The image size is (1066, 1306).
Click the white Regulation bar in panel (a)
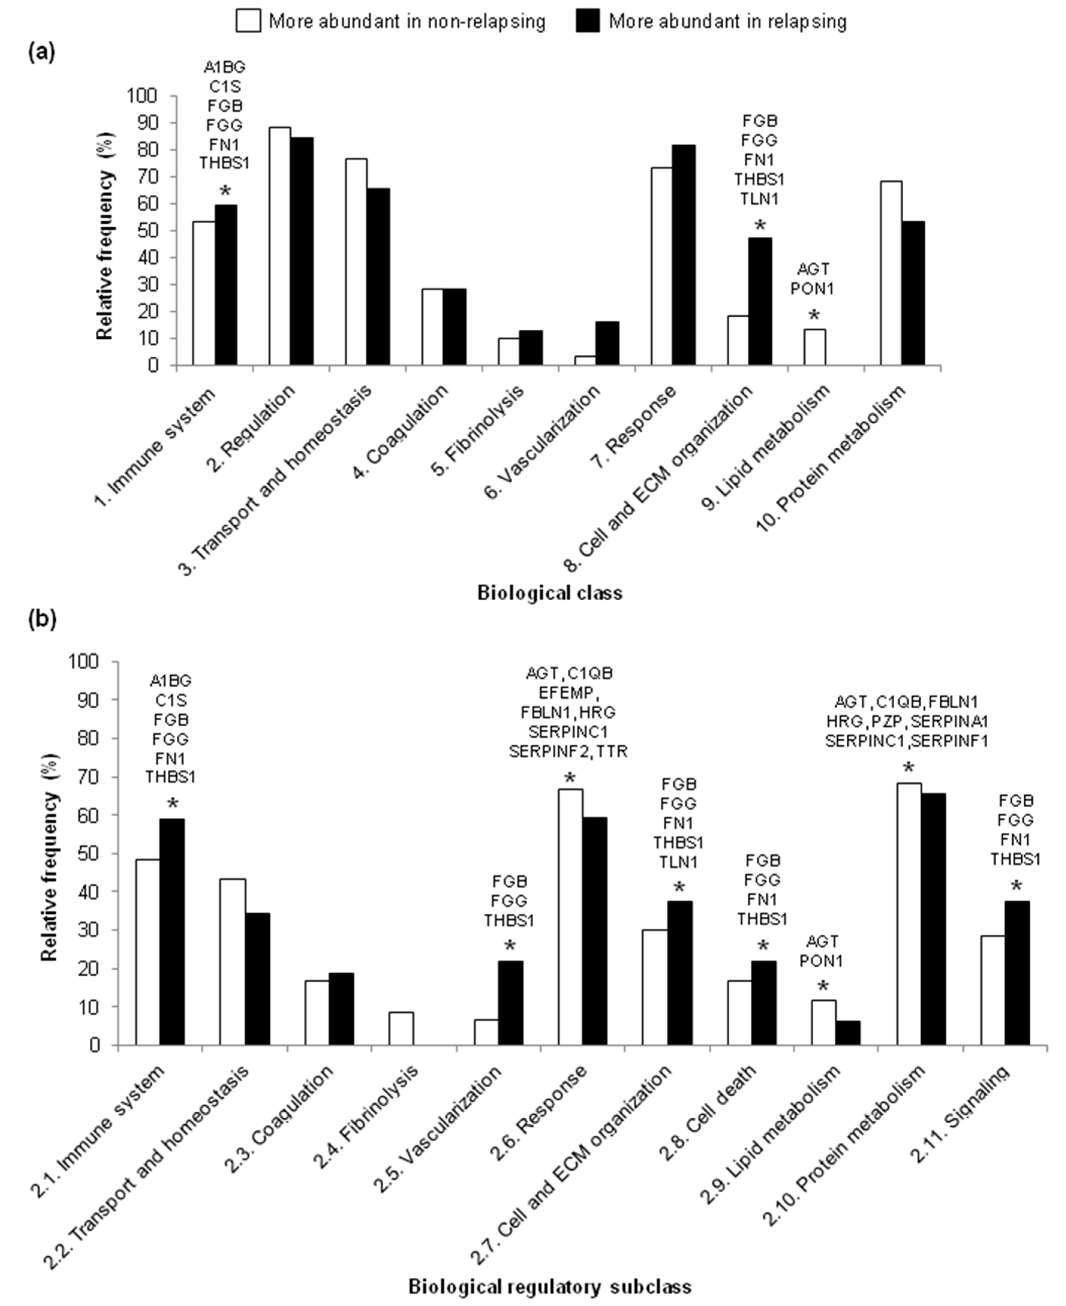(x=280, y=246)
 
